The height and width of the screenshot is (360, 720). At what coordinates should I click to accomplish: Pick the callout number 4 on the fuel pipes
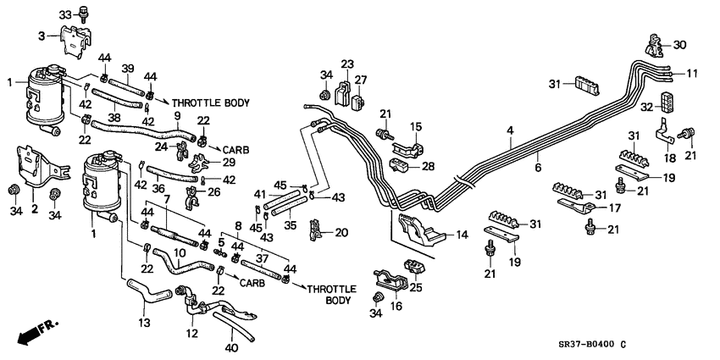(510, 130)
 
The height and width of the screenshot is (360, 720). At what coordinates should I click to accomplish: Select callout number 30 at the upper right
(681, 47)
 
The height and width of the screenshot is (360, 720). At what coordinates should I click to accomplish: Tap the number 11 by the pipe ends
(692, 74)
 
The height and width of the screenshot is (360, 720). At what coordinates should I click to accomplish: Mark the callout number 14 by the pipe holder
(461, 235)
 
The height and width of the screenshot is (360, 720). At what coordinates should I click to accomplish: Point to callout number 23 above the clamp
(347, 64)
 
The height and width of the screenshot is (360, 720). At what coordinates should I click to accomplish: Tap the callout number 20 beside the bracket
(341, 232)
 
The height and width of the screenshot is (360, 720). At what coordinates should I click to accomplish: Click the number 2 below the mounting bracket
(35, 208)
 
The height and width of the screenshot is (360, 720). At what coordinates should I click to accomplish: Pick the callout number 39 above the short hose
(128, 68)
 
